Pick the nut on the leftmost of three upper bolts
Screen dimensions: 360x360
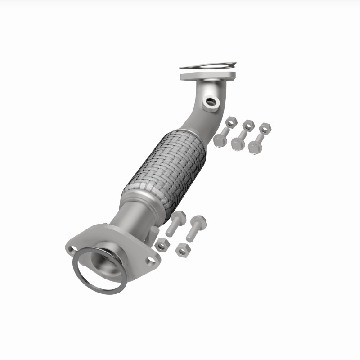click(x=231, y=121)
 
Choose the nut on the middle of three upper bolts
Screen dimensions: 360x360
click(x=248, y=125)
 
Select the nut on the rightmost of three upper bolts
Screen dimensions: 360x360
click(x=264, y=128)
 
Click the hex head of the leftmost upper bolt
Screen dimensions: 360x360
click(x=220, y=141)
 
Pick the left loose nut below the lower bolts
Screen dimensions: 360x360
click(x=162, y=245)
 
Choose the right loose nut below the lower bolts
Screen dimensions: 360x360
click(x=183, y=249)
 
